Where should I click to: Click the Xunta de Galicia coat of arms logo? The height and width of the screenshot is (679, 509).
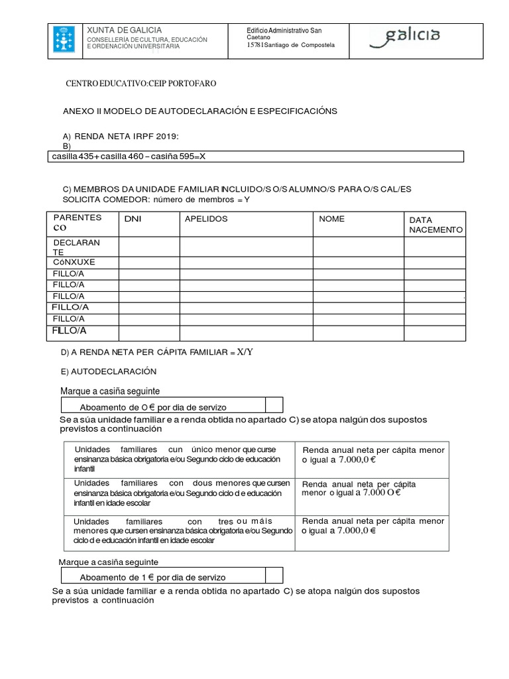(64, 40)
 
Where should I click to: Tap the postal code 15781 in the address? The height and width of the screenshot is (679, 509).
(254, 45)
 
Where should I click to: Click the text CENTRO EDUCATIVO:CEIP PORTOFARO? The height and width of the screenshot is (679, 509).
(140, 84)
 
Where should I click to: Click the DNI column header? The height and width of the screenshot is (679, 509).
(133, 218)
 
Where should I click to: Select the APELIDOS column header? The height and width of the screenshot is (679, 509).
(206, 218)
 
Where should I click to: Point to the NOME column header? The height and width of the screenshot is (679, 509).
(331, 218)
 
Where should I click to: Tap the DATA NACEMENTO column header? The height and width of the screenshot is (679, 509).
(435, 224)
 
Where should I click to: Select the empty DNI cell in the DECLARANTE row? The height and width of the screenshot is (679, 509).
(148, 247)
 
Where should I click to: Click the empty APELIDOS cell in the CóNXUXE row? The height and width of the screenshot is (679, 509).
(246, 263)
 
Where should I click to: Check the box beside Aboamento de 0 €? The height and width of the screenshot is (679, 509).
(274, 405)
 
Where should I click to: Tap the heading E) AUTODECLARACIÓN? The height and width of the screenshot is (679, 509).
(109, 371)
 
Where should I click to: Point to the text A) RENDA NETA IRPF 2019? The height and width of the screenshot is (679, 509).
(121, 136)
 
